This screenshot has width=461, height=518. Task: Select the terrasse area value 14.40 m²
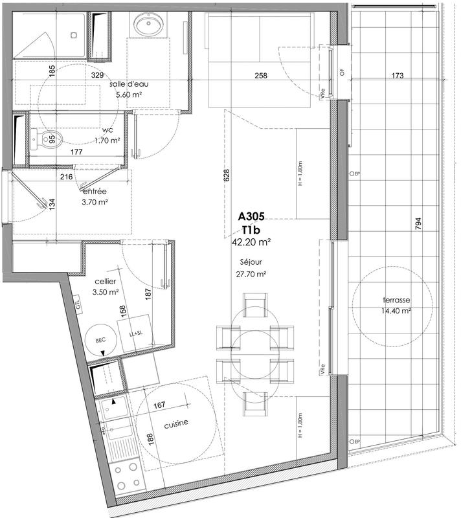click(387, 311)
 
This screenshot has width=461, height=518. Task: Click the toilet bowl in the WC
click(47, 138)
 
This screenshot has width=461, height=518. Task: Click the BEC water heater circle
click(101, 338)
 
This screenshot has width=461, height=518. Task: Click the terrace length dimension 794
click(420, 224)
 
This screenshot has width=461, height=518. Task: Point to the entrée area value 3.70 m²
click(95, 202)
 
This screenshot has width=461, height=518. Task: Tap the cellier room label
click(105, 282)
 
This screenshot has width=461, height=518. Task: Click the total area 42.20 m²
click(251, 242)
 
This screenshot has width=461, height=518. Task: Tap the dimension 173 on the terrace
click(398, 76)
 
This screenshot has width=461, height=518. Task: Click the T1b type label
click(252, 230)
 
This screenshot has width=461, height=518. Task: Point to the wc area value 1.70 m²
click(107, 140)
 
